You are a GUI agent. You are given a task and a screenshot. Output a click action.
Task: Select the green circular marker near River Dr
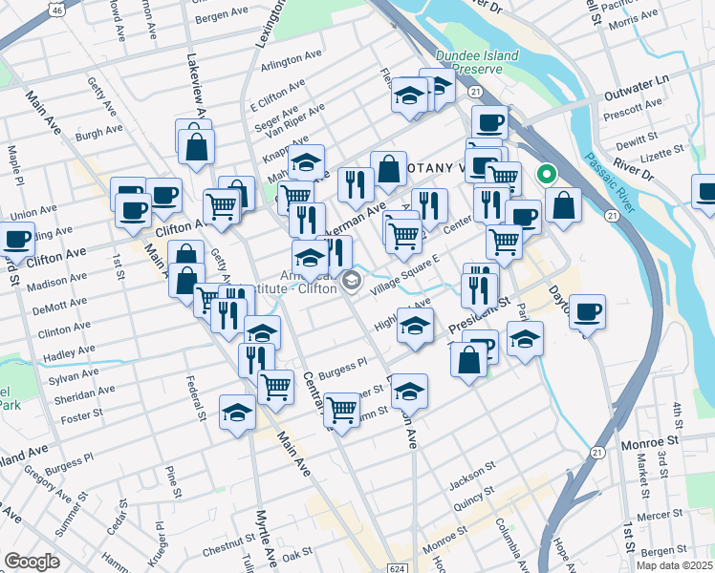click(x=546, y=174)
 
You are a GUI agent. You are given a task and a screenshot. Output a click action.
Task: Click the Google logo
click(x=32, y=562)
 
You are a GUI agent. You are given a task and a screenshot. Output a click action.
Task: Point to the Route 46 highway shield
click(x=58, y=10)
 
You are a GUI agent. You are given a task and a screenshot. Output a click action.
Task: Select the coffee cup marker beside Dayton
click(x=588, y=311)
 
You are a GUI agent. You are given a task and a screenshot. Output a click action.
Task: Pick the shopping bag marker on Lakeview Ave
click(x=196, y=147)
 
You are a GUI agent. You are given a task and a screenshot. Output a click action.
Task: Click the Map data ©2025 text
click(x=673, y=564)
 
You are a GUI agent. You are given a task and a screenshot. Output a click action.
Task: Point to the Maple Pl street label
click(x=13, y=159)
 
